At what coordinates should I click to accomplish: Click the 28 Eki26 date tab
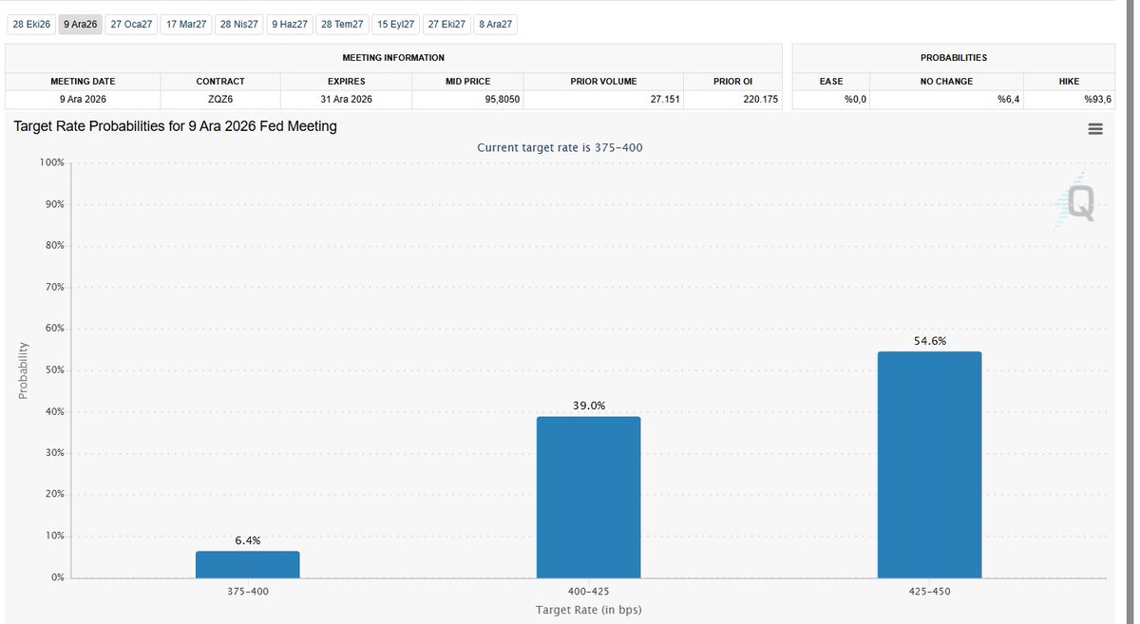point(31,25)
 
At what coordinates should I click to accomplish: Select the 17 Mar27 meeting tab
point(186,25)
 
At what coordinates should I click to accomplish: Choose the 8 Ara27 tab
point(495,25)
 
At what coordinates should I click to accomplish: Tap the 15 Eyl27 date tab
point(395,25)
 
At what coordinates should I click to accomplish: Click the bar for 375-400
point(248,564)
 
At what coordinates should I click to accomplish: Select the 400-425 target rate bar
point(588,498)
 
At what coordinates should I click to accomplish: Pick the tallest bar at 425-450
point(929,464)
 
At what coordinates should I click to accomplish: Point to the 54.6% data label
point(930,341)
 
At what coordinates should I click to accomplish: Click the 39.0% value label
point(589,406)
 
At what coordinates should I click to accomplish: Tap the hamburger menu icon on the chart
point(1095,129)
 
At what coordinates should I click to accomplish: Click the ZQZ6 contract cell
point(220,99)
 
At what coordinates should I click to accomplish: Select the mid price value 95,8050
point(502,99)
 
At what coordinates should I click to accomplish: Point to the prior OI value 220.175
point(760,99)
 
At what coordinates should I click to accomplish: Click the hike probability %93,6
point(1097,99)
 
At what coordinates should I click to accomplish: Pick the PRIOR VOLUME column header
point(603,82)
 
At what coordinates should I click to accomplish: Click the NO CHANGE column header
point(946,82)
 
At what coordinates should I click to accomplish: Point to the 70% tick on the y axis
point(55,287)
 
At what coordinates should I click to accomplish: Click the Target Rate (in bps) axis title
point(588,610)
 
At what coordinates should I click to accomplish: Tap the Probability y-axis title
point(23,370)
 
